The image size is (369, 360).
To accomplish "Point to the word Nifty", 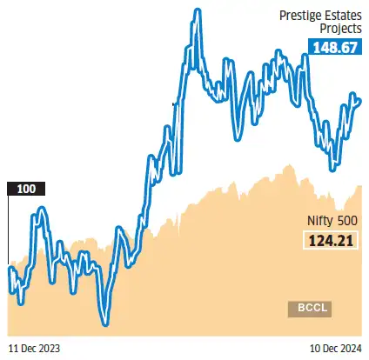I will [319, 221].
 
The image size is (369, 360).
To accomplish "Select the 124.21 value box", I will [332, 241].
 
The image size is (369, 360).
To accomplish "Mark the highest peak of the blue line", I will [197, 10].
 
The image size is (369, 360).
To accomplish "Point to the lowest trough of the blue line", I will [105, 324].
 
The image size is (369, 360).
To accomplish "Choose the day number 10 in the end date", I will [316, 348].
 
